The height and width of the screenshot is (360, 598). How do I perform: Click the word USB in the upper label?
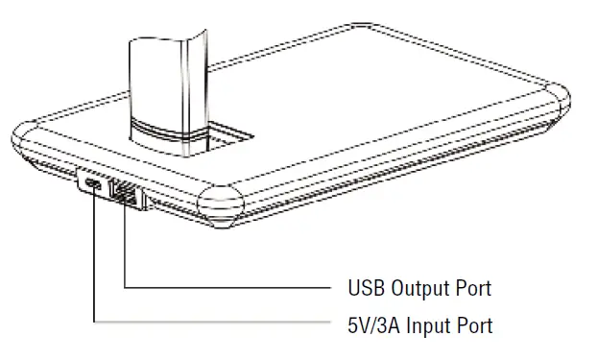pos(366,287)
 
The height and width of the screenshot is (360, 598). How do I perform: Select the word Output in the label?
pos(418,287)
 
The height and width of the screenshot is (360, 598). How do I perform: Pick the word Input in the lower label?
pos(429,325)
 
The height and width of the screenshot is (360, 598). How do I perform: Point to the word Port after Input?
pos(474,325)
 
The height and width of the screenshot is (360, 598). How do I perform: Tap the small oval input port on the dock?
pos(93,184)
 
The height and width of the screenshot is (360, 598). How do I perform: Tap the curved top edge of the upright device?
pos(164,38)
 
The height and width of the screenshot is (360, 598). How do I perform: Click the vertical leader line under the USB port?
pos(125,245)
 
